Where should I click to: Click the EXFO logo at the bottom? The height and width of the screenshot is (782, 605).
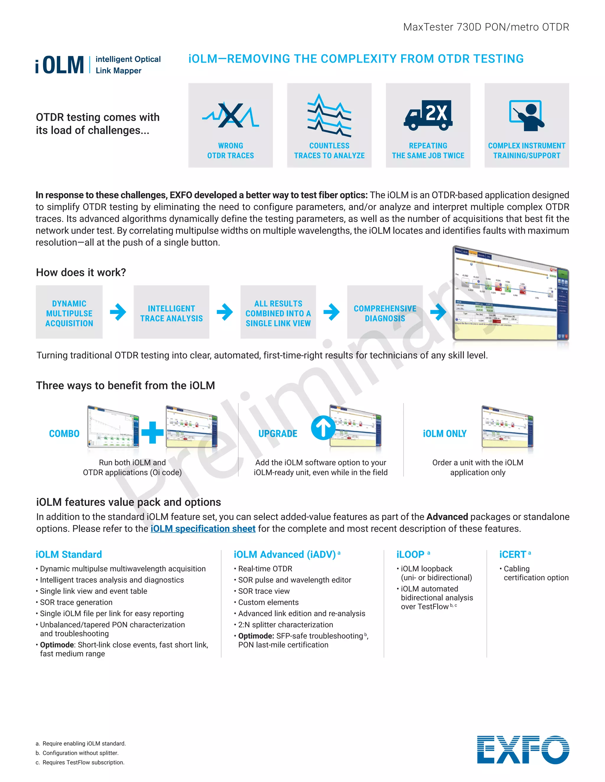point(523,750)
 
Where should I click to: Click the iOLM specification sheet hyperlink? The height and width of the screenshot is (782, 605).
point(203,529)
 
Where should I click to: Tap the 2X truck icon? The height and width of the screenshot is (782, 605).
point(428,115)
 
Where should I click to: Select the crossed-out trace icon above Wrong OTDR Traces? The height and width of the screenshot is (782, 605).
point(230,115)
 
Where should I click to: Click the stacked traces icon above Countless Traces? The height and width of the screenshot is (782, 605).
point(329,115)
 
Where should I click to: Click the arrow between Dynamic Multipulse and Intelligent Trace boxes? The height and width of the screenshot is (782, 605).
point(118,312)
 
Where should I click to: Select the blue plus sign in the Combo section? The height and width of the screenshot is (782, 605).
point(152,433)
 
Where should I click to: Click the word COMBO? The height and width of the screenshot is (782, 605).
point(64,433)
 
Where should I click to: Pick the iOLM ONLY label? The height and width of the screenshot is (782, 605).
point(444,433)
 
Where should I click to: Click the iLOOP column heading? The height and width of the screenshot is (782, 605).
point(410,554)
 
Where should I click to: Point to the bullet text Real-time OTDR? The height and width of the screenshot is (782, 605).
point(265,569)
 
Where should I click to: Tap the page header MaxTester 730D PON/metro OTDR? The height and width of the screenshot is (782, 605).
point(486,27)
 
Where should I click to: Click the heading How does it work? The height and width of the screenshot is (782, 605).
point(81,272)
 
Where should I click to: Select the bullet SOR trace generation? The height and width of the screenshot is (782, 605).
point(76,602)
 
